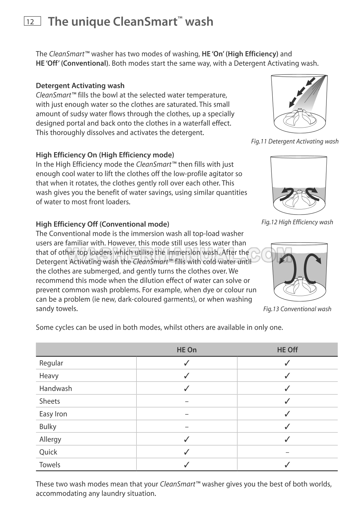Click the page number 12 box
(x=32, y=21)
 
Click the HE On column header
(x=187, y=350)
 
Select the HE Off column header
(x=287, y=350)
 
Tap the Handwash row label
(x=56, y=388)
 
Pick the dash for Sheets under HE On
(x=187, y=401)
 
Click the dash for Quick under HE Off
(x=287, y=452)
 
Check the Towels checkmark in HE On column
(x=187, y=465)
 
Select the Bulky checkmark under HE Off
(x=287, y=427)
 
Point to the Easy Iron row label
(x=53, y=414)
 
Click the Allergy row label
(x=50, y=439)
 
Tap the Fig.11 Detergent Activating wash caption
(x=295, y=141)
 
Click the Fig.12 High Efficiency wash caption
(x=297, y=222)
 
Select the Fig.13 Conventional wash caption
(x=297, y=309)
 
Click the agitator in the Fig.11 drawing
(x=299, y=117)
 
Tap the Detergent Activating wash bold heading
(x=80, y=86)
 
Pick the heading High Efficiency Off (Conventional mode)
(x=102, y=224)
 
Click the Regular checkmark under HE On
(x=187, y=363)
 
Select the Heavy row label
(x=49, y=376)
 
